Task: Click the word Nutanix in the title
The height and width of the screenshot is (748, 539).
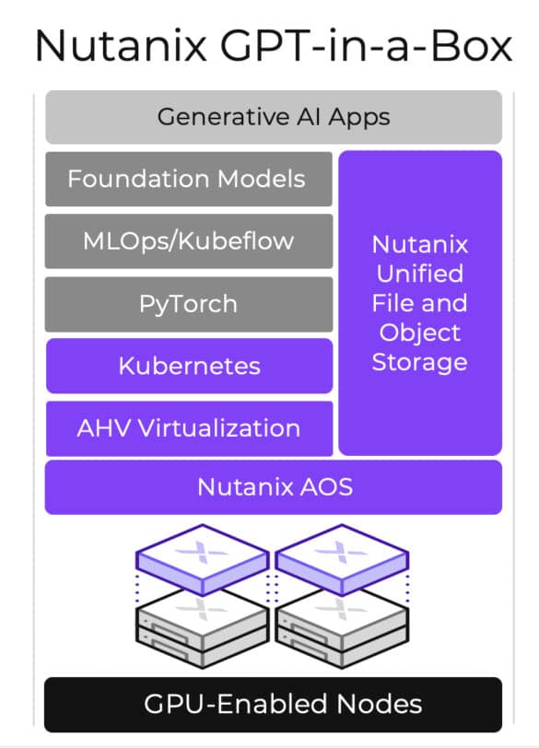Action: coord(121,46)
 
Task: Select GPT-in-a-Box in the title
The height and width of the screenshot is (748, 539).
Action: coord(366,46)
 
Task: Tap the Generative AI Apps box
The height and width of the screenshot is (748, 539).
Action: coord(274,117)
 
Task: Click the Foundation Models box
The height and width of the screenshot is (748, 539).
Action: coord(189,179)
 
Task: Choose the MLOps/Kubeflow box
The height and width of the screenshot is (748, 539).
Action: coord(189,241)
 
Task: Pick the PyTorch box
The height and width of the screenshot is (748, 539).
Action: coord(189,304)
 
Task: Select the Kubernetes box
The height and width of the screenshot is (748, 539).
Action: coord(190,366)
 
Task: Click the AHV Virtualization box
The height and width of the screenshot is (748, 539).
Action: coord(190,428)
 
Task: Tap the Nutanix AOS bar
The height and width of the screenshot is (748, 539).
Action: coord(274,487)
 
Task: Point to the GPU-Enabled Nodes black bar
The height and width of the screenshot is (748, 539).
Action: coord(274,705)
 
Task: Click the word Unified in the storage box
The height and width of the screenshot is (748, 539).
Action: coord(420,274)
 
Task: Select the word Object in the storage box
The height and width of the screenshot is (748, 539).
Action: coord(420,333)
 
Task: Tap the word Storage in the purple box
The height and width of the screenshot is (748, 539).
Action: coord(420,363)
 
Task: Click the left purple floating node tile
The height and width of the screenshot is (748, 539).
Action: coord(203,559)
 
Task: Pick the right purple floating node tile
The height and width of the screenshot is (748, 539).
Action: coord(342,559)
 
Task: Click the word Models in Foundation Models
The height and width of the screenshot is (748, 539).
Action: coord(261,179)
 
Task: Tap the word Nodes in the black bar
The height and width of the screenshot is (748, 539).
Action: coord(380,704)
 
